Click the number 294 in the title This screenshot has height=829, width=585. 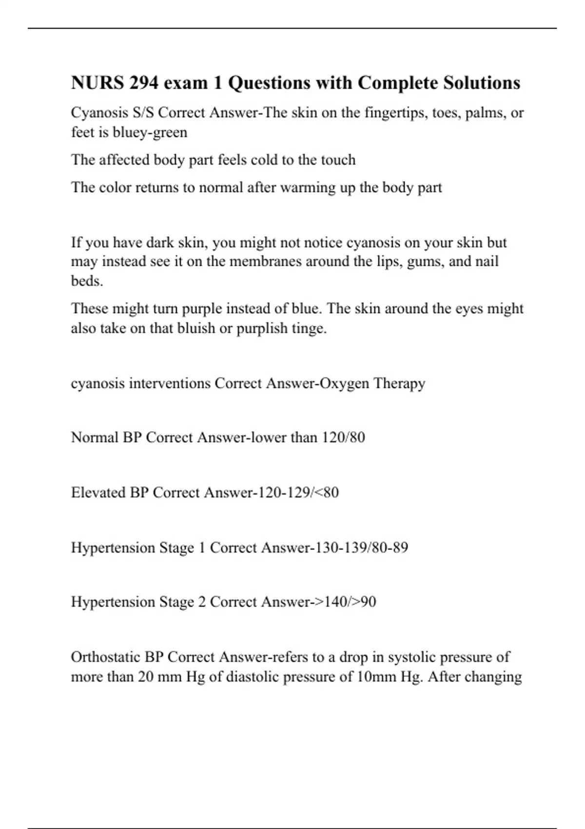click(x=144, y=83)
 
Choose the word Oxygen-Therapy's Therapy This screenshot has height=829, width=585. click(x=399, y=383)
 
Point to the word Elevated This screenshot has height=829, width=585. click(x=98, y=493)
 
